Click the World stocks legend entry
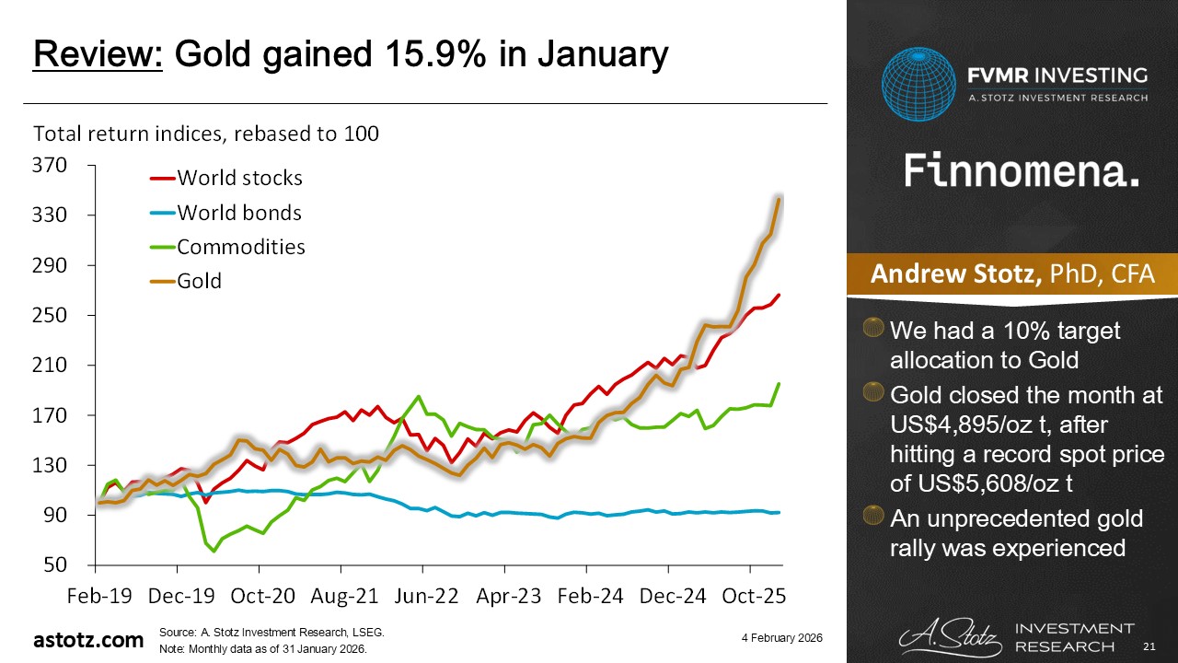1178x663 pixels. point(239,177)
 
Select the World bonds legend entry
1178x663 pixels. point(238,213)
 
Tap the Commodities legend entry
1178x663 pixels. point(240,247)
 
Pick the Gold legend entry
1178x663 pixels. point(199,281)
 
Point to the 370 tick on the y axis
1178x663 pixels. point(51,166)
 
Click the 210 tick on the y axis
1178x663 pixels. point(51,366)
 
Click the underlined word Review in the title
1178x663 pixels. point(98,55)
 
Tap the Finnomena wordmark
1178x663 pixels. point(1022,172)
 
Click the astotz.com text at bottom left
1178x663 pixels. point(88,639)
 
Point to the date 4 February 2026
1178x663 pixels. point(780,638)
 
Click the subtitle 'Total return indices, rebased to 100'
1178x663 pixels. point(206,134)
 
